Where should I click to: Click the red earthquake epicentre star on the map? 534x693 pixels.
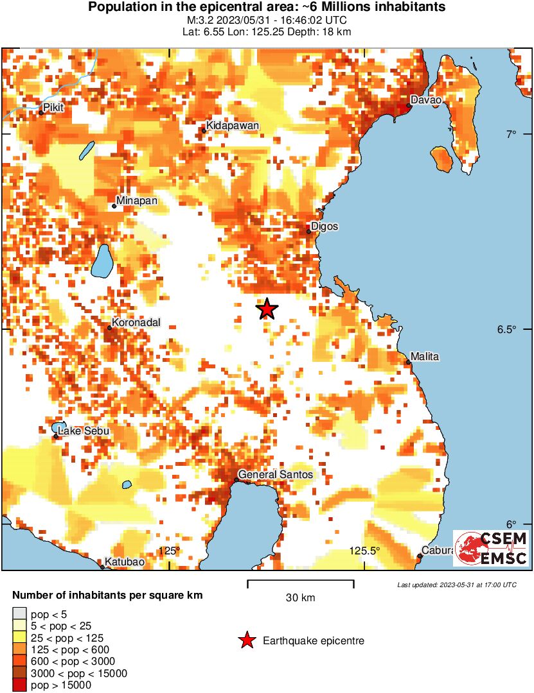[x=267, y=309]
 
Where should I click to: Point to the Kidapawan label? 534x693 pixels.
[x=233, y=126]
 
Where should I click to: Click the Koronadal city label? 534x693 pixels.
[x=136, y=323]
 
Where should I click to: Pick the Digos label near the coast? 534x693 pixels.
[x=325, y=227]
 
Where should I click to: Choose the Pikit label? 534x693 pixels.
[x=53, y=108]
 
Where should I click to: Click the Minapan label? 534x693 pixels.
[x=137, y=201]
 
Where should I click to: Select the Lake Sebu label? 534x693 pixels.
[x=84, y=431]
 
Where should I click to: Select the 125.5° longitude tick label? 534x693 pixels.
[x=364, y=551]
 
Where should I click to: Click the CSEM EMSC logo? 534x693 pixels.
[x=492, y=549]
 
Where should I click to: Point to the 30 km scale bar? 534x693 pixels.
[x=300, y=584]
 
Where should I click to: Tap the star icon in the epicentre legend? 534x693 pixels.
[x=246, y=640]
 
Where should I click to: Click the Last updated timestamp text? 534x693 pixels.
[x=457, y=585]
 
